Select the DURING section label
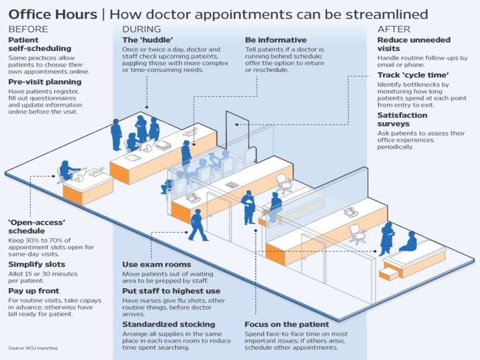(x=141, y=29)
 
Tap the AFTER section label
(x=394, y=29)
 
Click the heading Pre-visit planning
(x=45, y=82)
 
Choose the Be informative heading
(x=276, y=40)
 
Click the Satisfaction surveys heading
(x=402, y=120)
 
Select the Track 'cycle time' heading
(x=412, y=75)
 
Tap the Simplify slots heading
(x=37, y=264)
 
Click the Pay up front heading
(x=34, y=291)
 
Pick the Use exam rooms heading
(x=157, y=264)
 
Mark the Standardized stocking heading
(x=169, y=324)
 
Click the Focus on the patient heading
(x=287, y=324)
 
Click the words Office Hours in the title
(x=52, y=14)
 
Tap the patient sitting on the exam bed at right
(x=409, y=242)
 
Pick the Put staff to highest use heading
(x=171, y=291)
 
